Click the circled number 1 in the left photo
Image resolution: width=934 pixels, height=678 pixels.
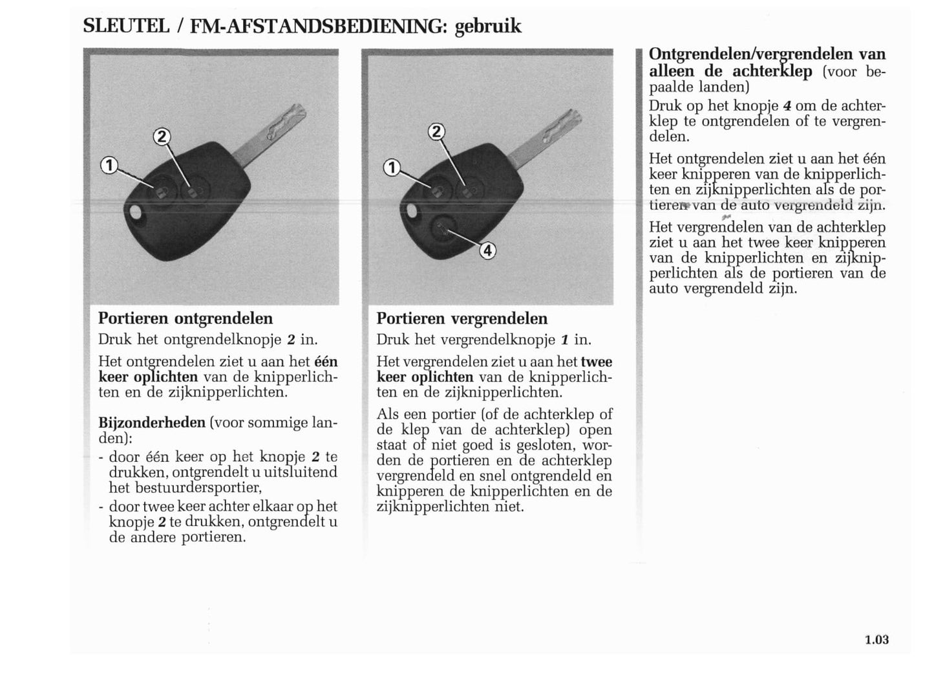(109, 166)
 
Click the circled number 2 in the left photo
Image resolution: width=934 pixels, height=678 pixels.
(162, 137)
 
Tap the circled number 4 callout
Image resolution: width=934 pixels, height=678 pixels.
(487, 250)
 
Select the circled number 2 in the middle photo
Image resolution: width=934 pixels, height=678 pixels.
(436, 133)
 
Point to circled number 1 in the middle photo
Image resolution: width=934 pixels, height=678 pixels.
(391, 168)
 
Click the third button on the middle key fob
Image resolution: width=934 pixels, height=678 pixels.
(442, 228)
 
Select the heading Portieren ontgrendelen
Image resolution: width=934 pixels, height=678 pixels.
(186, 318)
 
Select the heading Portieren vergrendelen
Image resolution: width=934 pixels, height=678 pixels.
(462, 318)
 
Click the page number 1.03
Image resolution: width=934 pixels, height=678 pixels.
(876, 640)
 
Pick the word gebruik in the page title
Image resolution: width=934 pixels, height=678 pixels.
(488, 27)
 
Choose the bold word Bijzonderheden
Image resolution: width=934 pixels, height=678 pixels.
(151, 422)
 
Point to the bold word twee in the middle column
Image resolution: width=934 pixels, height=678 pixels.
(597, 362)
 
